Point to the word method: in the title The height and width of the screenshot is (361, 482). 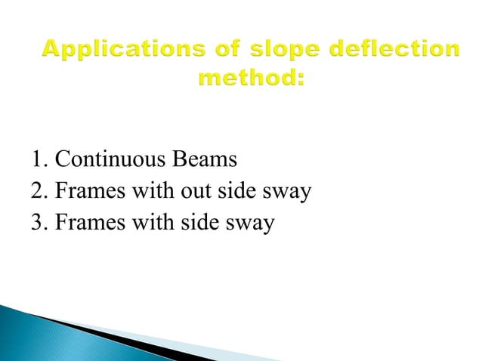[251, 79]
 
